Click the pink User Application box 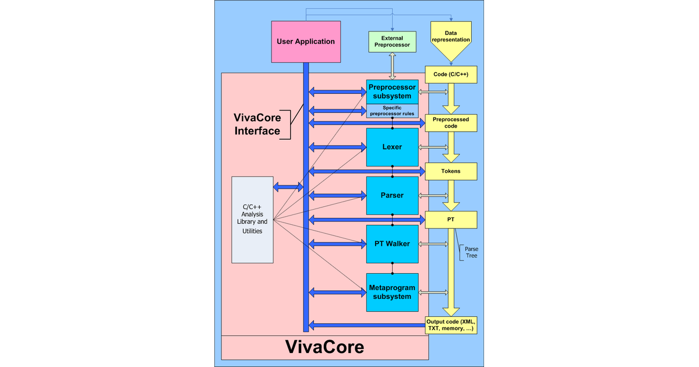(306, 41)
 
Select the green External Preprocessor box (392, 41)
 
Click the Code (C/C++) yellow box (451, 75)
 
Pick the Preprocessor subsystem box (392, 91)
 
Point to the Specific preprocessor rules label (392, 110)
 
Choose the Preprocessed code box (451, 122)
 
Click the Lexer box (392, 147)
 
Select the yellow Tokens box (451, 171)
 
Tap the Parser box (392, 195)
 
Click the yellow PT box (451, 220)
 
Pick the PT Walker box (392, 244)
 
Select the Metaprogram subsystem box (392, 292)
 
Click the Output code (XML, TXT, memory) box (451, 325)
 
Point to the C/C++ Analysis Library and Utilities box (252, 219)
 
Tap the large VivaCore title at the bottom (324, 347)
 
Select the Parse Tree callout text (471, 252)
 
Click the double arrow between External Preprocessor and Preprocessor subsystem (392, 65)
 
